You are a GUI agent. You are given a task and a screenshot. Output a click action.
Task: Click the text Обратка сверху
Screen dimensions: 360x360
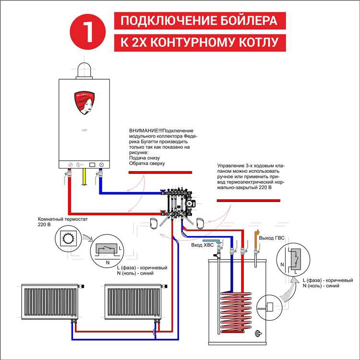147,164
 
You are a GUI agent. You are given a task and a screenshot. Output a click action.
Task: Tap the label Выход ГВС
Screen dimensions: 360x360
272,239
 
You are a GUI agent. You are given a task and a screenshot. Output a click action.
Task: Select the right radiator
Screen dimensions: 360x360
132,300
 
